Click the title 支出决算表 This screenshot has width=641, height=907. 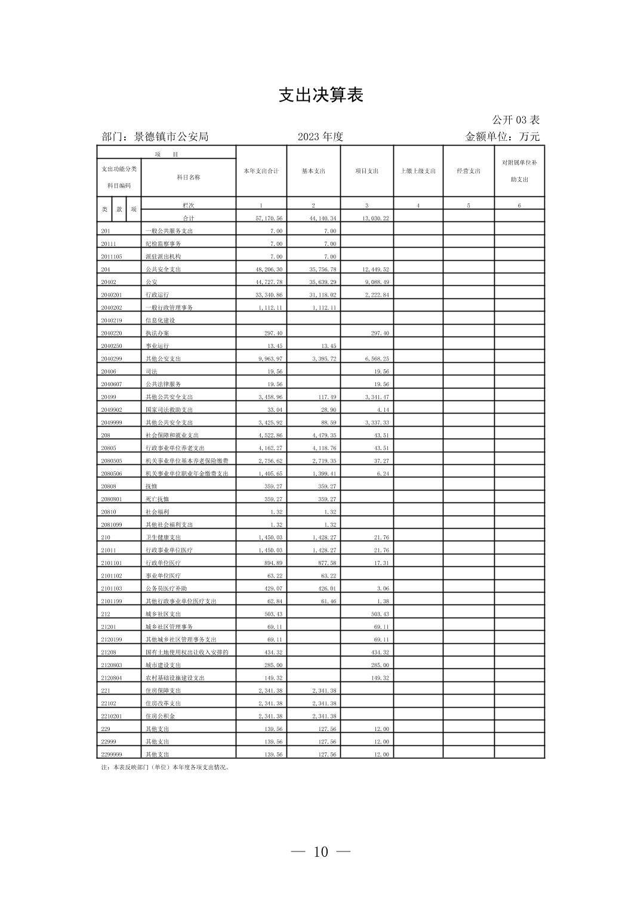click(x=321, y=95)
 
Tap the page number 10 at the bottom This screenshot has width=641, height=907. click(x=320, y=852)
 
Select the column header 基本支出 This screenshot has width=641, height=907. click(x=313, y=171)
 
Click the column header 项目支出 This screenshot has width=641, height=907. click(x=366, y=171)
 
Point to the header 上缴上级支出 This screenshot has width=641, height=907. click(x=418, y=171)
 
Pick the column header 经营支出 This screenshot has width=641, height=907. click(x=469, y=171)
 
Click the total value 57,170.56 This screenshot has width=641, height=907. click(x=269, y=218)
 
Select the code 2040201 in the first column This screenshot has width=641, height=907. click(x=112, y=295)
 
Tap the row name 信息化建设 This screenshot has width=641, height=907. click(x=160, y=320)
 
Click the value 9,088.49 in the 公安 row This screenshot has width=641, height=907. click(x=376, y=282)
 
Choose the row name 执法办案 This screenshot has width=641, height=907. click(x=157, y=333)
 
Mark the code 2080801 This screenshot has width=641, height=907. click(x=112, y=499)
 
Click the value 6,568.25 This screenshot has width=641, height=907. click(x=376, y=359)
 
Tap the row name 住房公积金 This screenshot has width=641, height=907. click(x=160, y=716)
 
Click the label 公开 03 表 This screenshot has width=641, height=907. click(x=516, y=120)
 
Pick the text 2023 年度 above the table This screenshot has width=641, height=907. click(x=320, y=137)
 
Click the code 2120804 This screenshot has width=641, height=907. click(x=112, y=678)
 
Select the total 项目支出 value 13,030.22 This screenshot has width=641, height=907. click(x=376, y=218)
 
